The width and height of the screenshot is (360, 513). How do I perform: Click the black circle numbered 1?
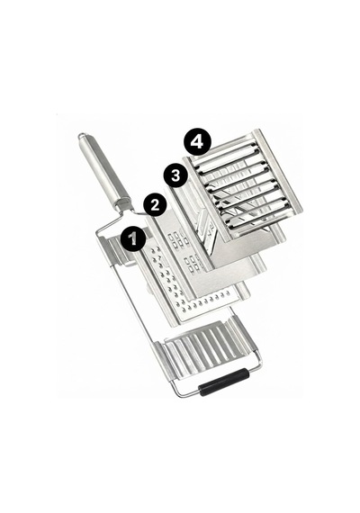point(133,238)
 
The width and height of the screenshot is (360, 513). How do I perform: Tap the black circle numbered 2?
point(155,205)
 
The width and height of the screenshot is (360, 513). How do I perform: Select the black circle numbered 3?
point(176,175)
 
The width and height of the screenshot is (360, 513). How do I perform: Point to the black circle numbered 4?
point(197,142)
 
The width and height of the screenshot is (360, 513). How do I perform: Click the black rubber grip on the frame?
point(224,382)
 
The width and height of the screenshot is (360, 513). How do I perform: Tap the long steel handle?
point(104,170)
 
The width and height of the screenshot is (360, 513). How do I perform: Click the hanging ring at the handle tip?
point(82,135)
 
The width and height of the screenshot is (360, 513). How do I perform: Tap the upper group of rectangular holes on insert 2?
point(177,240)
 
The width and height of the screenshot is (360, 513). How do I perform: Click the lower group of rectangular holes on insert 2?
point(193,264)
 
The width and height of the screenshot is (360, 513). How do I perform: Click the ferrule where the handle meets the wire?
point(123,203)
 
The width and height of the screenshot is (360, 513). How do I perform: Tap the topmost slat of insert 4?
point(225,153)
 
